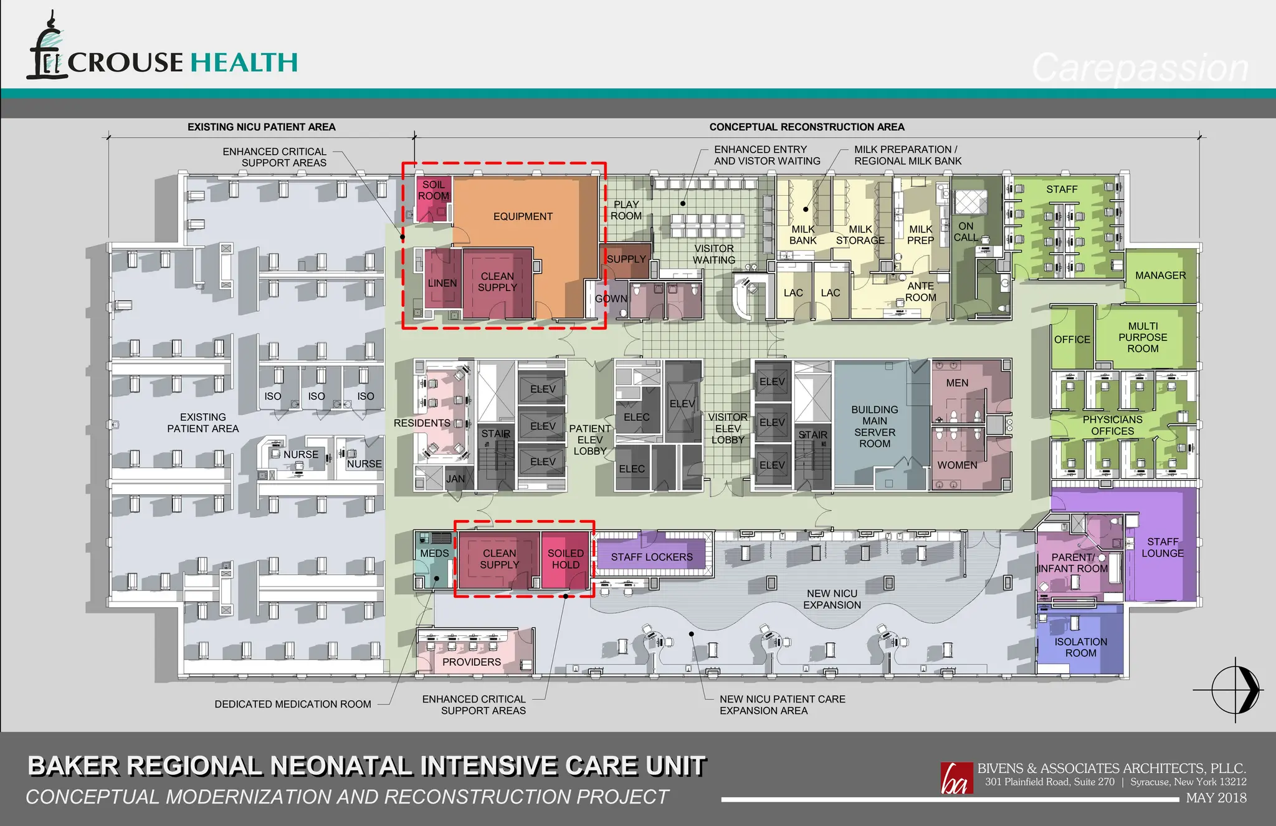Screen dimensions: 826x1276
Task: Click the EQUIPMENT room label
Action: click(523, 216)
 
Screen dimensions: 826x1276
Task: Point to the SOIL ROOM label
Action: click(434, 190)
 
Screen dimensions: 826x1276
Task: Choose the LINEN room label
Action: click(442, 283)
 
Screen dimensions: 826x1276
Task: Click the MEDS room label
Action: click(434, 554)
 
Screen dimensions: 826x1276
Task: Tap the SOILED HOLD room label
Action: click(566, 559)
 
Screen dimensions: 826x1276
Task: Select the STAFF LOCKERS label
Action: click(652, 557)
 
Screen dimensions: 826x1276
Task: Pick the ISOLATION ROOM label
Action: click(1081, 647)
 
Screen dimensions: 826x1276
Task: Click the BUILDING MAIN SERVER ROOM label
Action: click(875, 426)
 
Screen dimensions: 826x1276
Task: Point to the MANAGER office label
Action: click(1160, 276)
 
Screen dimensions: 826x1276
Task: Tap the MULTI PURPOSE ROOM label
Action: click(1143, 337)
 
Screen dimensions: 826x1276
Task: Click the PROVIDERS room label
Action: click(472, 662)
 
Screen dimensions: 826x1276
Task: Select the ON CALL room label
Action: click(966, 231)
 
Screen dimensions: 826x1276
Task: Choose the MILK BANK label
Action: click(803, 235)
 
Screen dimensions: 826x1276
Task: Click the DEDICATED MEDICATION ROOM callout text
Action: click(293, 704)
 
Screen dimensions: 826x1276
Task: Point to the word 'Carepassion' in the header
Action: click(1140, 69)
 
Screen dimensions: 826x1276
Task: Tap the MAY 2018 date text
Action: click(1216, 798)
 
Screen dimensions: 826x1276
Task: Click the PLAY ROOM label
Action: click(626, 210)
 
